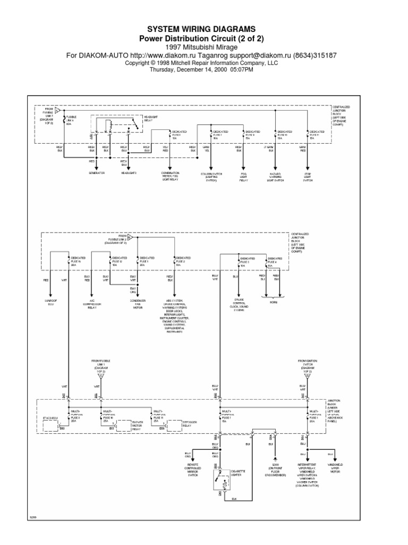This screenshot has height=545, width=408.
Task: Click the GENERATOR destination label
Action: tap(97, 173)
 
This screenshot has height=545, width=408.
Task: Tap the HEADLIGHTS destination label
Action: tap(129, 173)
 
